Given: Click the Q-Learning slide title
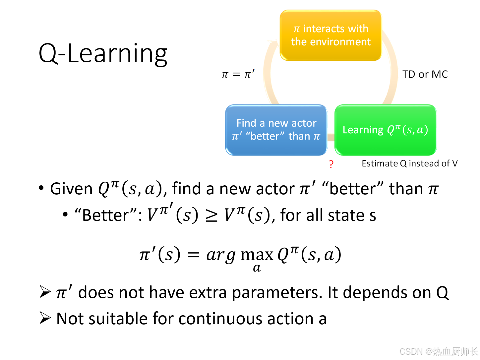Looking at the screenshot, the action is pos(103,54).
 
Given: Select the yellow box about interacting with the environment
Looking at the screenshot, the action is pos(330,35).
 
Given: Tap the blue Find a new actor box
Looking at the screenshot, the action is pos(276,130).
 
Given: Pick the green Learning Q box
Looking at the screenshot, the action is pos(385,130).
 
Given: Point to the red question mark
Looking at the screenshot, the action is pos(331,164).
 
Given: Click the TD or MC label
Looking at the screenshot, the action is pos(425,74).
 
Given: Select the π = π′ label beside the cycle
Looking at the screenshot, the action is pos(238,74).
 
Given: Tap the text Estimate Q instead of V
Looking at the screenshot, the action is pos(409,163).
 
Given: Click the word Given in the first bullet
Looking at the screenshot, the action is pos(71,189).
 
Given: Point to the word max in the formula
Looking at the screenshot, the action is pos(257,255).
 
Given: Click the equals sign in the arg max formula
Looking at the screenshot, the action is pos(194,255).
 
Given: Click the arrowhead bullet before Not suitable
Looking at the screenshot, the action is pos(45,318).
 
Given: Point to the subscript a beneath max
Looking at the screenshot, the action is pos(257,268).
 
